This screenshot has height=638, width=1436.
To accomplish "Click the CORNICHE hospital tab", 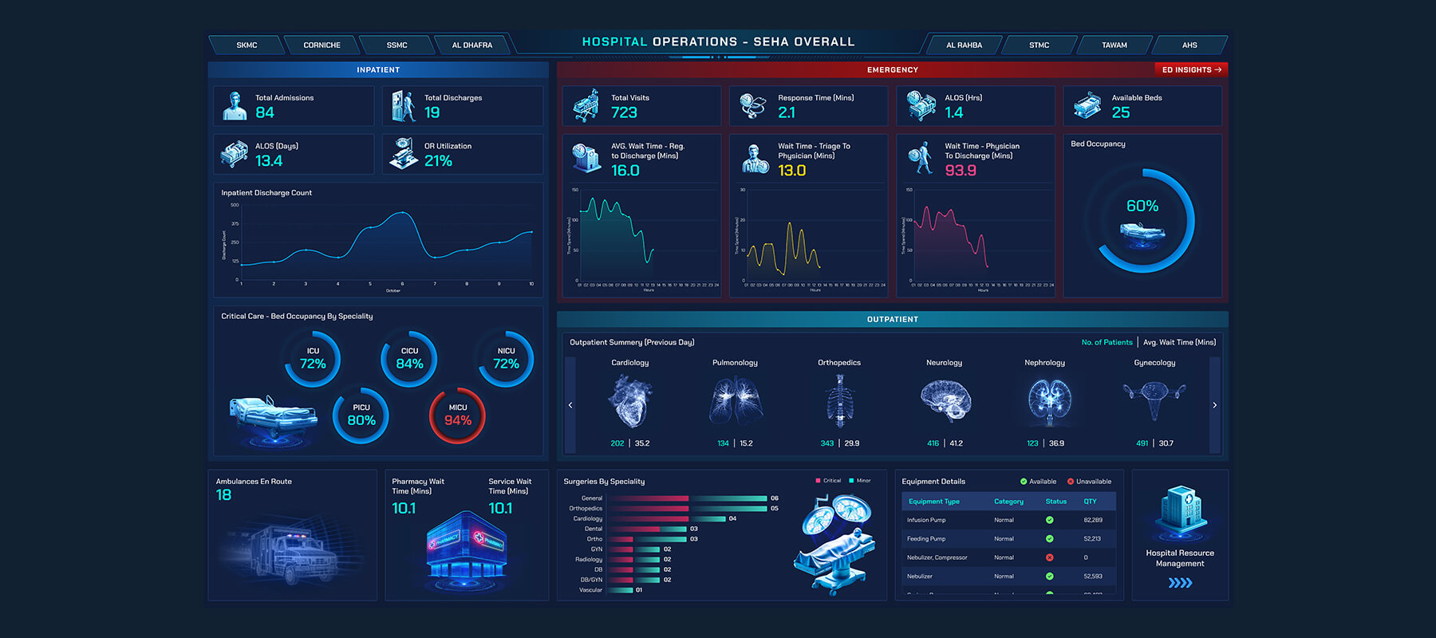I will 322,45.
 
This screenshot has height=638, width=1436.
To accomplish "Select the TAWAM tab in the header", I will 1114,45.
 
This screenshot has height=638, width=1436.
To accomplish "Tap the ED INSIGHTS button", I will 1191,70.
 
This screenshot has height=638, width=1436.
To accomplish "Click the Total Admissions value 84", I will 265,113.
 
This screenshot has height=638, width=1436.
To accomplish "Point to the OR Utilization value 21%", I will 438,161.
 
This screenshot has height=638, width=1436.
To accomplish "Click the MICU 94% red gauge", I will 457,415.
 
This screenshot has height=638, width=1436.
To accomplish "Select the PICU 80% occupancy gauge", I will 361,415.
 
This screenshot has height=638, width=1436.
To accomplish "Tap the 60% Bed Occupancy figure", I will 1142,207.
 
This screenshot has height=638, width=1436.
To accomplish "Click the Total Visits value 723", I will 624,113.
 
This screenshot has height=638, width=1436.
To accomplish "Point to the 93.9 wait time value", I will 961,171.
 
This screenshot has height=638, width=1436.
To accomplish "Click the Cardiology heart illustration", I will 629,401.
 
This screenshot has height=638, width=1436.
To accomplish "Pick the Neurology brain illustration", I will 945,400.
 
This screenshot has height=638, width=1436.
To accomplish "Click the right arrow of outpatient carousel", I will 1214,405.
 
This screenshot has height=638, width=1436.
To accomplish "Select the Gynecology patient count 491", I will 1142,443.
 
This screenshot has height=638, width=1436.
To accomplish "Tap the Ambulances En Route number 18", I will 224,495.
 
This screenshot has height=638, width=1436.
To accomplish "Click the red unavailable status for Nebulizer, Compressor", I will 1049,557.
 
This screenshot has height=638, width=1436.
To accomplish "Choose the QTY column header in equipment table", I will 1090,502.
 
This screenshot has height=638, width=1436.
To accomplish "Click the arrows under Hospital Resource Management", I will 1180,583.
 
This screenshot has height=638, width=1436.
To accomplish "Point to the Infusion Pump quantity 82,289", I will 1093,520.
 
